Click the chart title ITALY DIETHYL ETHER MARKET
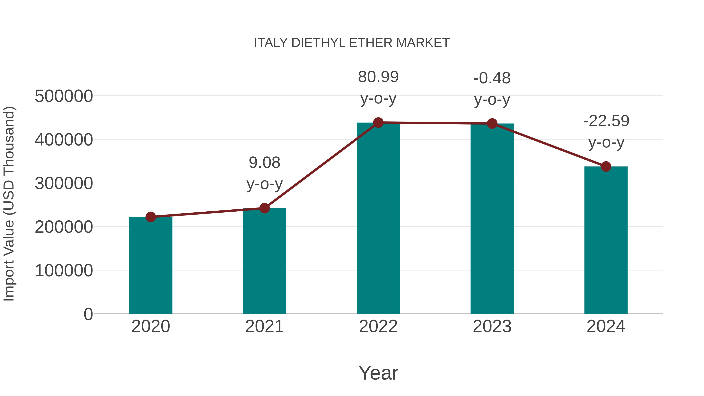pos(352,43)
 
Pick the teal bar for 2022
pos(378,219)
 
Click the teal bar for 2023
pos(492,219)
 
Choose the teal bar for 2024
pos(606,241)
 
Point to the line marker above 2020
pos(151,217)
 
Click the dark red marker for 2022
pos(378,123)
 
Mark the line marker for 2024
pos(606,166)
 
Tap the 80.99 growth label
pos(378,77)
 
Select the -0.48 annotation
pos(492,78)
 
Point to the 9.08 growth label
pos(264,163)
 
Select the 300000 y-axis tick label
pos(64,183)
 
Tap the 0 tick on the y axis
pos(88,314)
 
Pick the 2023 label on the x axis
pos(492,326)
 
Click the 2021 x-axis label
pos(264,326)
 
